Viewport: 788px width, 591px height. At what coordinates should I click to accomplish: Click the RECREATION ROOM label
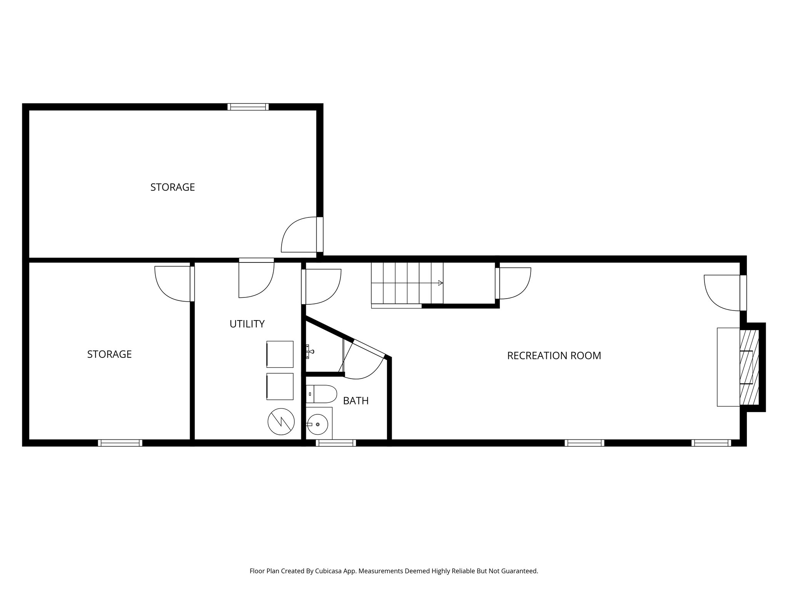click(x=554, y=356)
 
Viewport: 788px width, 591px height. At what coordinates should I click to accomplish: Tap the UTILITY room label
click(x=247, y=324)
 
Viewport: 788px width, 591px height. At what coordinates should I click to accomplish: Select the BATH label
click(x=356, y=401)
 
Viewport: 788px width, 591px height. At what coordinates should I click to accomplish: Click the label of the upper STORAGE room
click(x=172, y=187)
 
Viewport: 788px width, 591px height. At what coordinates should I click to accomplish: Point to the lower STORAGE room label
click(x=109, y=354)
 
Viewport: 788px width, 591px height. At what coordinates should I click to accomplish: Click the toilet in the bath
click(x=323, y=394)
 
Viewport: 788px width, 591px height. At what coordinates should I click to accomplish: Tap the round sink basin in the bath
click(x=318, y=424)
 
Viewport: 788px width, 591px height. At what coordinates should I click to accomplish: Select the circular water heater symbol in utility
click(x=281, y=422)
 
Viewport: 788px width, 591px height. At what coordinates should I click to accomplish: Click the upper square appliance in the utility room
click(x=280, y=354)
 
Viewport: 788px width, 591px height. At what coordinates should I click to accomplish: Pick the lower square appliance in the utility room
click(x=280, y=386)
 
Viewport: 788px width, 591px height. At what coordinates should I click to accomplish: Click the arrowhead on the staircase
click(x=441, y=283)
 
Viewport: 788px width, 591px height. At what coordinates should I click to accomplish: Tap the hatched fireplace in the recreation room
click(x=749, y=367)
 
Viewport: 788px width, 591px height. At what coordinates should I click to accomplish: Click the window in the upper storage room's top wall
click(x=248, y=107)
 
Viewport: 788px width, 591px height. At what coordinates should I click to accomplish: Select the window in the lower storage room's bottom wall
click(x=120, y=443)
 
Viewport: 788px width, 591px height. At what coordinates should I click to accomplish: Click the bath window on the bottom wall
click(x=336, y=443)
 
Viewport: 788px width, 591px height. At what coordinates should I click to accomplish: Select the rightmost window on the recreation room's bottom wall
click(x=711, y=443)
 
